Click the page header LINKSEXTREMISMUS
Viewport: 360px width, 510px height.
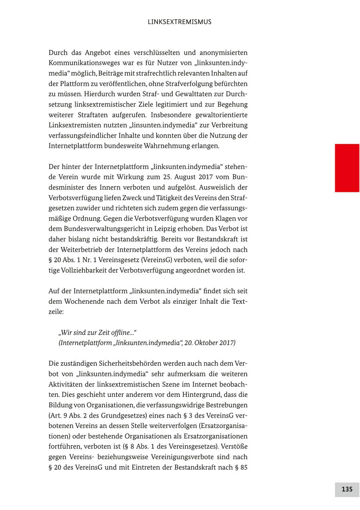coord(180,22)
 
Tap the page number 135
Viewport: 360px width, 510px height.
coord(347,489)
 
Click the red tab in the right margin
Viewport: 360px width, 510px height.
coord(347,168)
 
